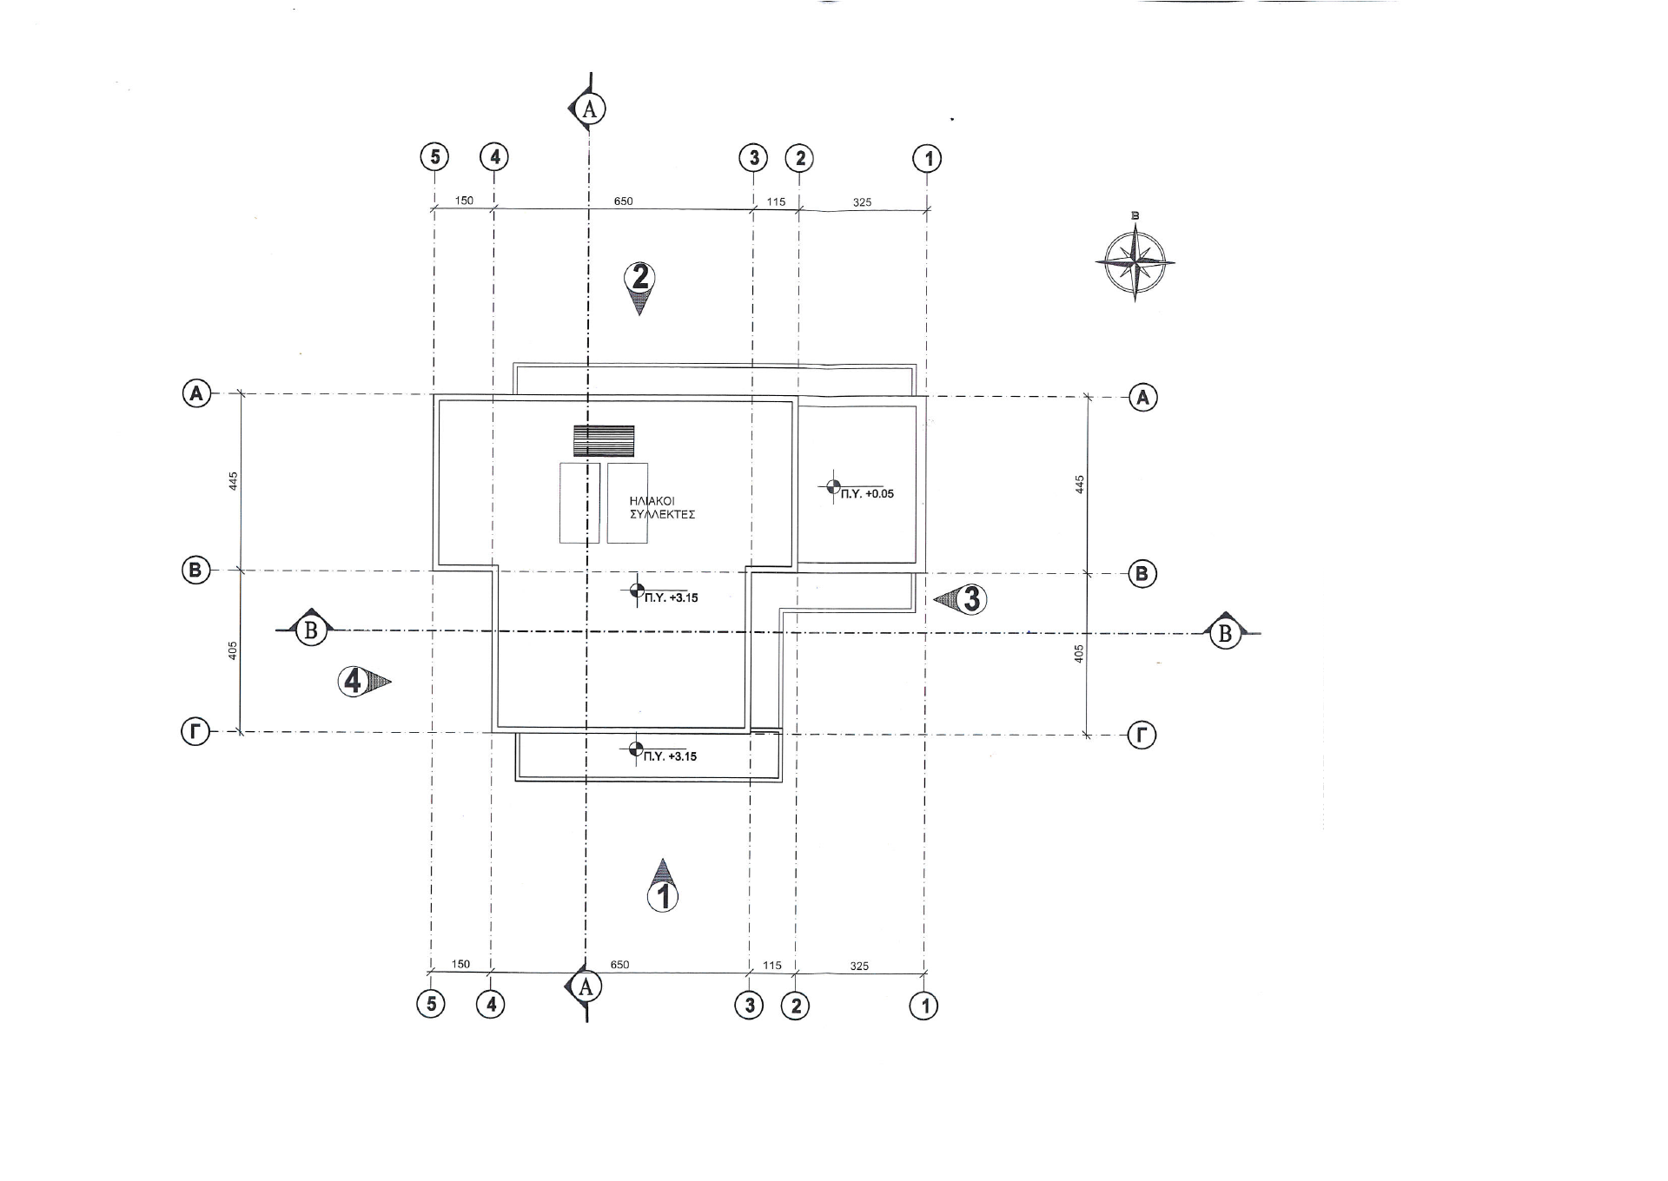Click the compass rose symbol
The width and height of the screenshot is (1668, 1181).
coord(1135,261)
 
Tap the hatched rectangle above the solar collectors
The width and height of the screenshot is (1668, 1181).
coord(604,441)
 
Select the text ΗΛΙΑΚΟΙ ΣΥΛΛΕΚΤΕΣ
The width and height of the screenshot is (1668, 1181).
coord(662,508)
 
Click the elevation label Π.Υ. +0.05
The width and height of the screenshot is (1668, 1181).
coord(867,493)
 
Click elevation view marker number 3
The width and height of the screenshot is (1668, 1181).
coord(961,599)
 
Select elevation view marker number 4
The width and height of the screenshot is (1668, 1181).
coord(364,682)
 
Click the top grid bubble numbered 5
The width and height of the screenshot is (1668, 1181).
coord(434,157)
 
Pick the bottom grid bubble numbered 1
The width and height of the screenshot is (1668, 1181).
coord(923,1006)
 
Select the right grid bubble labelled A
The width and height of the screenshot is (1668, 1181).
coord(1143,398)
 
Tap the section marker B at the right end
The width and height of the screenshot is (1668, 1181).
coord(1226,633)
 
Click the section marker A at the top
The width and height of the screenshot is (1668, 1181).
coord(588,109)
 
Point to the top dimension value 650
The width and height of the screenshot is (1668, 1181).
coord(623,201)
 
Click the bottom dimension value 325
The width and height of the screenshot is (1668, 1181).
coord(859,967)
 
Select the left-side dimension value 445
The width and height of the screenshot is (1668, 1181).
coord(233,481)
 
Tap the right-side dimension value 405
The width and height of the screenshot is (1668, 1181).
coord(1079,654)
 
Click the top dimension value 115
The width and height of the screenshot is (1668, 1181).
coord(776,202)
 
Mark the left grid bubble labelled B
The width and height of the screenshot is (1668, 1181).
coord(195,571)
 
